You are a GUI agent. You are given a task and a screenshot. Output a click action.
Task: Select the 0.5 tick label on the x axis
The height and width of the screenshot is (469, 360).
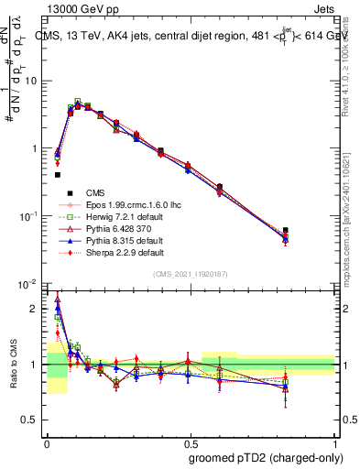coord(190,442)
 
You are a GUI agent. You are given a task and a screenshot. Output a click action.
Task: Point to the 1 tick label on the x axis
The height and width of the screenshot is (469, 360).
coord(334,442)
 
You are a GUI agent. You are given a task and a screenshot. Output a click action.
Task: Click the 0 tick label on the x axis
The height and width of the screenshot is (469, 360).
coord(47,442)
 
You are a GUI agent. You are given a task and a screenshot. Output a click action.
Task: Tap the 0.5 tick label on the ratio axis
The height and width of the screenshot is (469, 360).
coord(31,420)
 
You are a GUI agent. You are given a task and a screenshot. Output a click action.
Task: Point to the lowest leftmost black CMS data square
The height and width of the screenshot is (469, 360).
coord(58,174)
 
